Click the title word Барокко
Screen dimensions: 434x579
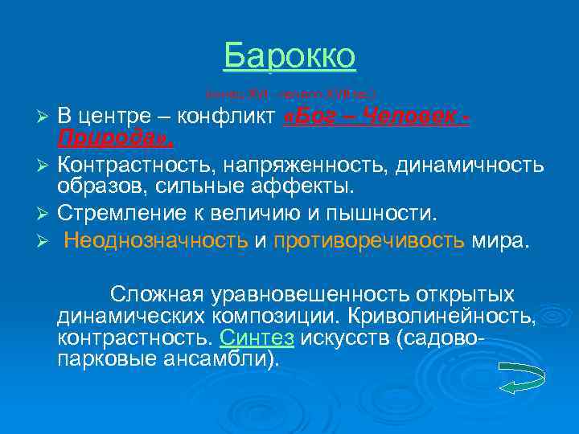pyautogui.click(x=289, y=56)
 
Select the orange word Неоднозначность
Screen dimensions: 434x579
pyautogui.click(x=156, y=242)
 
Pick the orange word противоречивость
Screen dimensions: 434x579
pyautogui.click(x=368, y=242)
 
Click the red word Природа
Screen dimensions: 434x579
pyautogui.click(x=113, y=140)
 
